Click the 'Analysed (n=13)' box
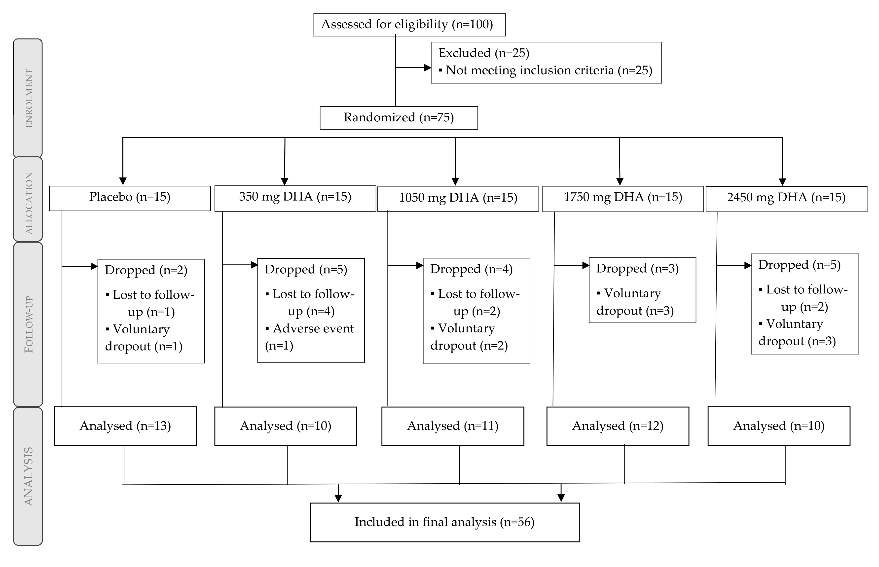(125, 426)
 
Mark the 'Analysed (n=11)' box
(453, 426)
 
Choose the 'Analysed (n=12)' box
(618, 426)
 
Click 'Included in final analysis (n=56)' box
(444, 522)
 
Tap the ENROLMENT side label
(28, 98)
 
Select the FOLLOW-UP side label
(28, 324)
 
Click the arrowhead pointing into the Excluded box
(428, 68)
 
